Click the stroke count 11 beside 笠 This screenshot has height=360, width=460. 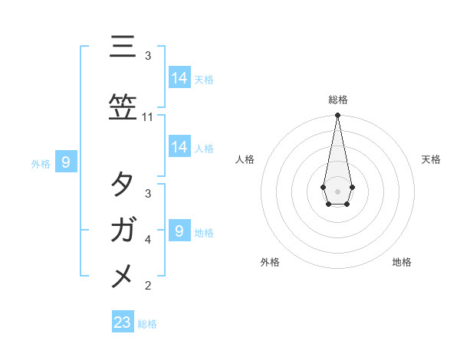click(x=148, y=117)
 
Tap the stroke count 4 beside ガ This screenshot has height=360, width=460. click(x=148, y=240)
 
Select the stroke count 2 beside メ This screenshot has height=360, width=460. click(x=148, y=286)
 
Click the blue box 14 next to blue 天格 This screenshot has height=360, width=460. click(x=179, y=77)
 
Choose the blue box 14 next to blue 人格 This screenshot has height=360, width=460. click(x=179, y=146)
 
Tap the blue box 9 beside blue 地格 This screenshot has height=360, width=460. click(x=179, y=231)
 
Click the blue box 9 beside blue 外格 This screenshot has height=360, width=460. click(x=67, y=162)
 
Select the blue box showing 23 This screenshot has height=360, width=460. click(x=123, y=322)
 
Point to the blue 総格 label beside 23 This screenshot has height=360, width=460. click(x=147, y=324)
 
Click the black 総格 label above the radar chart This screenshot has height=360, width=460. click(x=337, y=100)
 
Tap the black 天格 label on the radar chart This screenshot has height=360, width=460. click(x=432, y=159)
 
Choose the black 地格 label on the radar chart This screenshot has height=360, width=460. click(x=402, y=262)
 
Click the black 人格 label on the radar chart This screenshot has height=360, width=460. click(x=245, y=159)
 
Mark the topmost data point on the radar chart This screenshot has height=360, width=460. click(x=337, y=116)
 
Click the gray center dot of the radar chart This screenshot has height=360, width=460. click(x=337, y=191)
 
